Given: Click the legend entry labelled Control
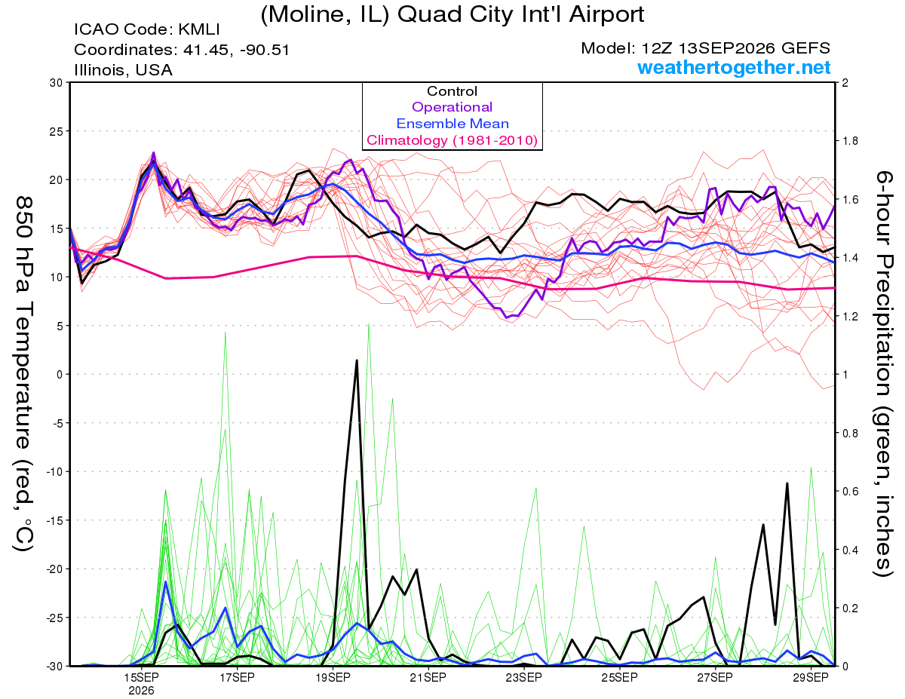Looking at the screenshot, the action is [452, 91].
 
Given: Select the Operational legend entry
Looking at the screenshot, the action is [452, 107].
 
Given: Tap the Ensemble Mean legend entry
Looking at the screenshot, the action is [452, 124].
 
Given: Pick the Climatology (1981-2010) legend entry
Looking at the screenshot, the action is [452, 140].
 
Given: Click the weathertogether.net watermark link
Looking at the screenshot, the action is [734, 68].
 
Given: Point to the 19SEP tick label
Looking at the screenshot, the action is [333, 677].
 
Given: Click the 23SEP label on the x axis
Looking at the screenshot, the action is [524, 677].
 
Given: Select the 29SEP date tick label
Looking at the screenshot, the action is [811, 677].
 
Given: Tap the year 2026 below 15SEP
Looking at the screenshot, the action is [141, 691].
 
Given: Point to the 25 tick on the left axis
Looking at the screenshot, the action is [57, 131].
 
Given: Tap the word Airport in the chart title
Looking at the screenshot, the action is [606, 15].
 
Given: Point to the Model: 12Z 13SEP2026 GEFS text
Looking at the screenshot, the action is [705, 48].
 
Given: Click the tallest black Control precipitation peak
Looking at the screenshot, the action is [357, 360].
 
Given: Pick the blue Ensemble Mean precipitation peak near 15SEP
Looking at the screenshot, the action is [165, 581].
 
